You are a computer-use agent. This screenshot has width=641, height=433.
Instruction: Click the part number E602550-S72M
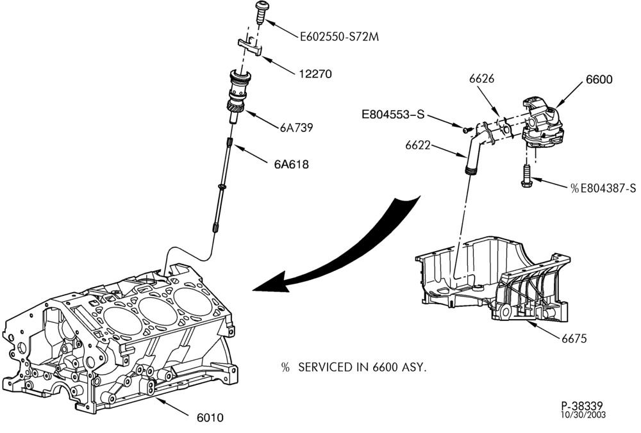[339, 37]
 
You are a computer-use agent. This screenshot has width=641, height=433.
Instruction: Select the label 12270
[315, 74]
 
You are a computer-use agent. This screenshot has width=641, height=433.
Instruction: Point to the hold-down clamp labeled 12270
[250, 45]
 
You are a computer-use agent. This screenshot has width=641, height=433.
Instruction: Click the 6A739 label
[296, 128]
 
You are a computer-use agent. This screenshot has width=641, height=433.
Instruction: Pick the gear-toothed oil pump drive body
[238, 95]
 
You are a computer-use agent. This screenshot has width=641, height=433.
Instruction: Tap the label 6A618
[291, 165]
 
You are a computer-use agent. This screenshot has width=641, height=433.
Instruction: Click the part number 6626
[481, 78]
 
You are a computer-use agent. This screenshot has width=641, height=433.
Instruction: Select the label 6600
[599, 79]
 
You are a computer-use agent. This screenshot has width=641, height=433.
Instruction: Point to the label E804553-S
[393, 115]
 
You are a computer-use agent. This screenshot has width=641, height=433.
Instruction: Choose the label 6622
[417, 145]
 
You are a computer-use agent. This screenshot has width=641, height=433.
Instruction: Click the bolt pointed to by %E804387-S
[526, 176]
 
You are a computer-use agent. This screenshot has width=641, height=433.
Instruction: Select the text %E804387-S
[603, 188]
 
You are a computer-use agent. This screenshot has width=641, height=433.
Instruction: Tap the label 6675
[574, 339]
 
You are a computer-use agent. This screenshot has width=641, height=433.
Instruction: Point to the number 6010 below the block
[210, 418]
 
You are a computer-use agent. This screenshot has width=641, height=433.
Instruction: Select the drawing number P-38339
[582, 406]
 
